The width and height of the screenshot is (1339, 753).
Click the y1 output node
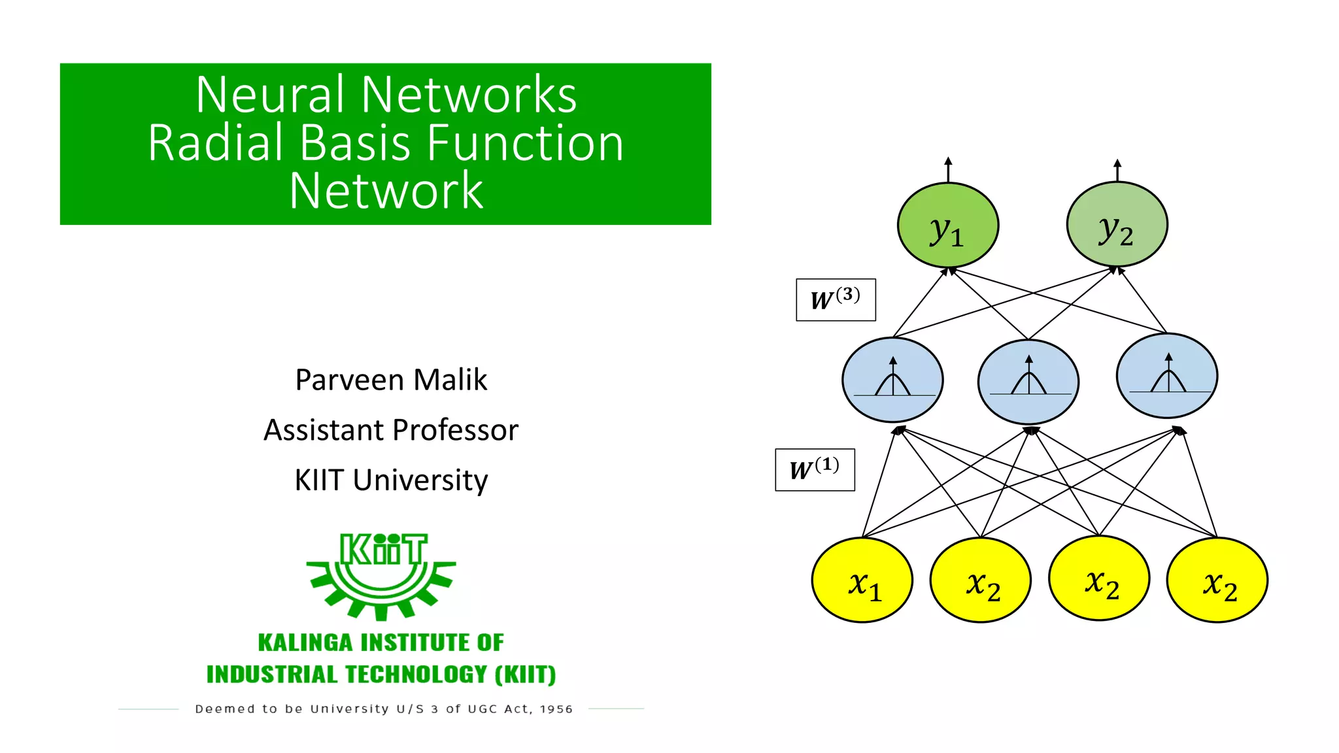(x=947, y=226)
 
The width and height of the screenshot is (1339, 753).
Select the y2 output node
(x=1117, y=224)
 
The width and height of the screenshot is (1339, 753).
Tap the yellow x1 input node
(x=862, y=580)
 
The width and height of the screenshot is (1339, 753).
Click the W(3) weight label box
(x=835, y=300)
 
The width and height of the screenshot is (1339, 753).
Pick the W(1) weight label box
(x=814, y=469)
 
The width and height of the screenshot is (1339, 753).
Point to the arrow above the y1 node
(x=948, y=169)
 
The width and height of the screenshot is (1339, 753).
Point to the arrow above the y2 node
(x=1117, y=169)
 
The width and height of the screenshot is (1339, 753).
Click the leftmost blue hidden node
(x=892, y=380)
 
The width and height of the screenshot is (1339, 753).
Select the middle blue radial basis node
(x=1028, y=382)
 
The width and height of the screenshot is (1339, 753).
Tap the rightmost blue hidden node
(x=1167, y=376)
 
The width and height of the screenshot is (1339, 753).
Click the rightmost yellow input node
(x=1217, y=580)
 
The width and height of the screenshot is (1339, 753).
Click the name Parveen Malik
(x=391, y=380)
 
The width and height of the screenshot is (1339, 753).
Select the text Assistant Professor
(x=391, y=430)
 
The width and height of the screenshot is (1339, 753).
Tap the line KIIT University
(x=391, y=480)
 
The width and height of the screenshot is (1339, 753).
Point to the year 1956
(x=556, y=709)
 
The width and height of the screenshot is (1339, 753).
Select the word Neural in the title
(x=270, y=94)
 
